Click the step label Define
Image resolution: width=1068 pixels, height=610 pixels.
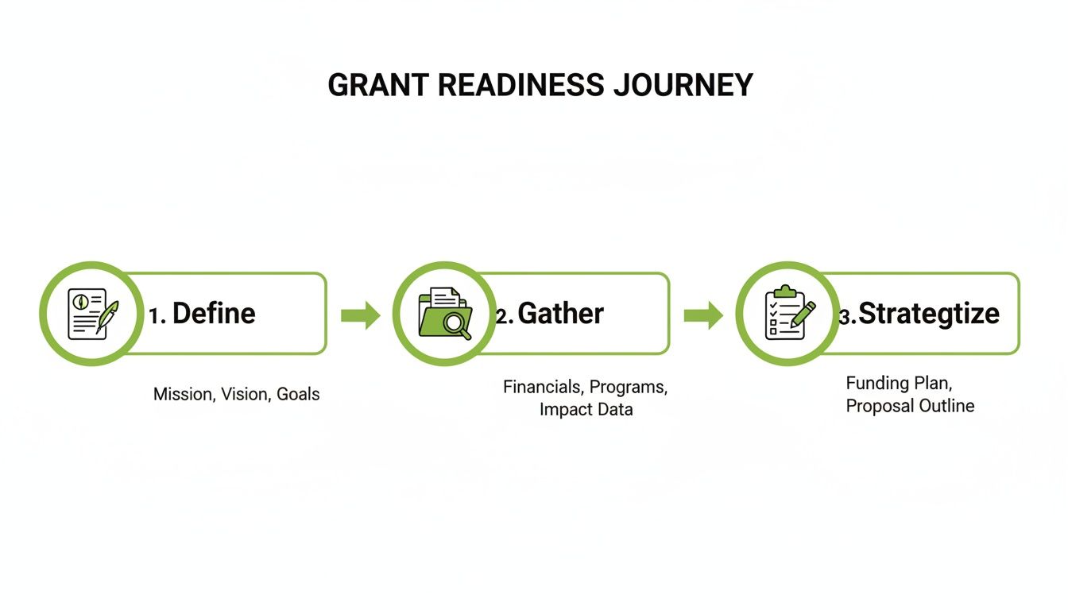(214, 314)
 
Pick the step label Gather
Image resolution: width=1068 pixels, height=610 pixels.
(561, 314)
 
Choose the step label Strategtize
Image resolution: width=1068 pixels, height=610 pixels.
(929, 314)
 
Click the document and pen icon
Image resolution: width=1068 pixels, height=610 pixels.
(91, 314)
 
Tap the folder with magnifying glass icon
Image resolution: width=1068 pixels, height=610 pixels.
(444, 314)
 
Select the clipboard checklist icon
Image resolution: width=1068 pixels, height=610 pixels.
(787, 314)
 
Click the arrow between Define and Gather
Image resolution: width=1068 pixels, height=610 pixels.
(360, 315)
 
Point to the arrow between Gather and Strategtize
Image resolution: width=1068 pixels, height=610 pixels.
(703, 315)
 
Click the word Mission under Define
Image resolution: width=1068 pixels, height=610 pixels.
(184, 394)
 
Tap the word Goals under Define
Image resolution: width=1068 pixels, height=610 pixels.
(298, 394)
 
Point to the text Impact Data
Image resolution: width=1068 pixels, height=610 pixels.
(586, 410)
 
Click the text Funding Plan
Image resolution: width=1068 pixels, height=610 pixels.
(897, 384)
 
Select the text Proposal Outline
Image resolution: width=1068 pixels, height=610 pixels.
(910, 406)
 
